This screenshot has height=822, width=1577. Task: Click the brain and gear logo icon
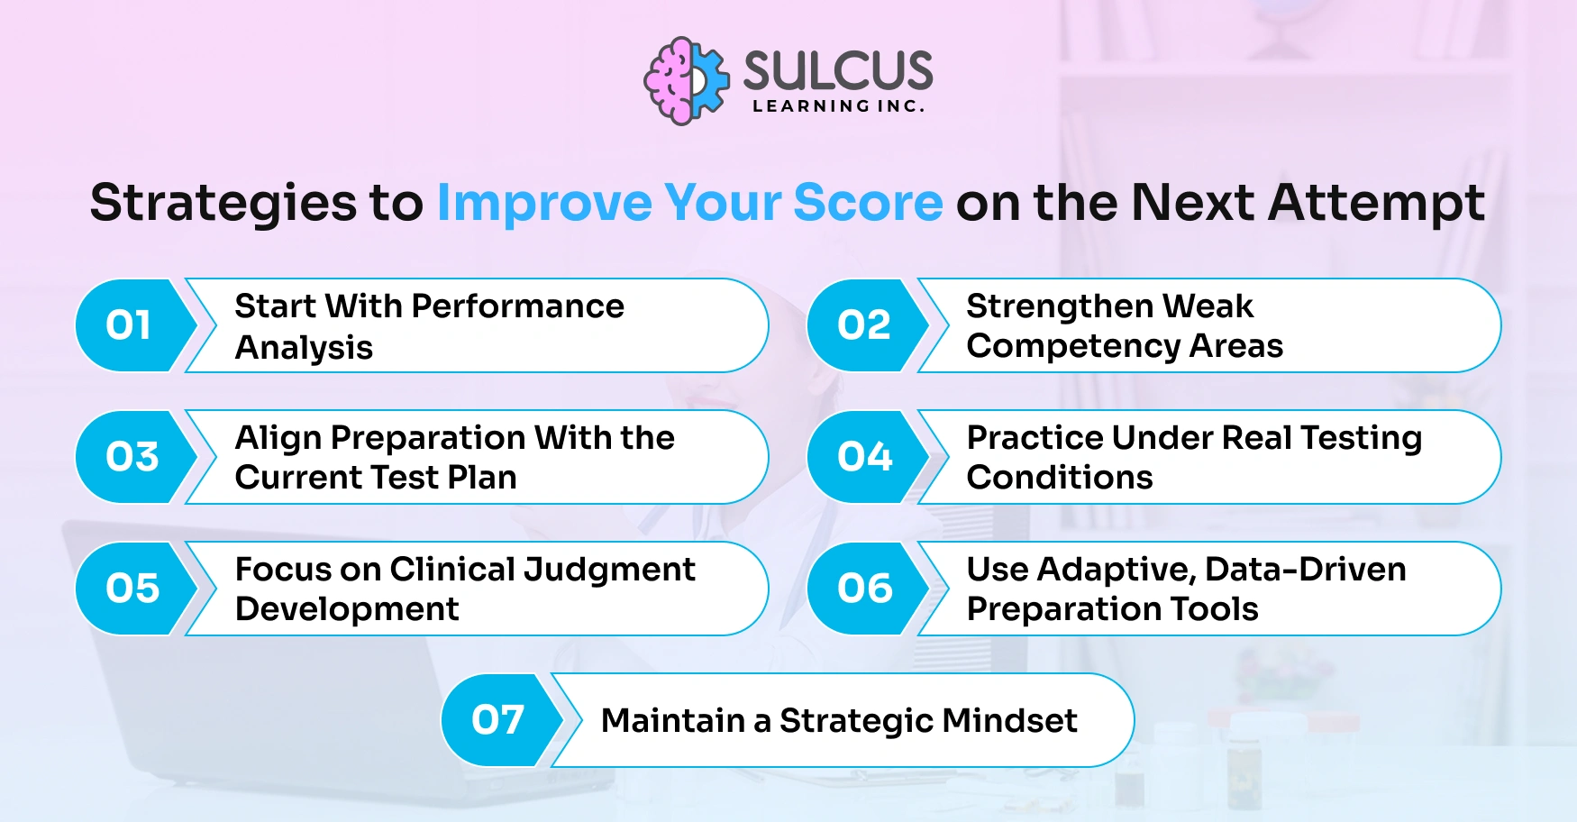coord(687,81)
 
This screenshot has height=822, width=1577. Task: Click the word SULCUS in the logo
coord(838,70)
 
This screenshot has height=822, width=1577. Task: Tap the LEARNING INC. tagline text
coord(838,106)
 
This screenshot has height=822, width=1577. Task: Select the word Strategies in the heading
coord(223,203)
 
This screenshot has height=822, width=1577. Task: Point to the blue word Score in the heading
coord(868,203)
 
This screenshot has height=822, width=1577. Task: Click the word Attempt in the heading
coord(1377,203)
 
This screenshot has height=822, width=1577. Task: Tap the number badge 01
coord(129,325)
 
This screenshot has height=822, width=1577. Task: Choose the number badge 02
coord(863,325)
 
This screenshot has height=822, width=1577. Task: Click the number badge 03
coord(132,457)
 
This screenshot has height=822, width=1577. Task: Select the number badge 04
coord(864,457)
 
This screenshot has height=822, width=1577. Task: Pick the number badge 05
coord(132,589)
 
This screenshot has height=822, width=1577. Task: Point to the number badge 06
coord(864,589)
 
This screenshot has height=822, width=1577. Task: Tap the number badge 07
coord(497,720)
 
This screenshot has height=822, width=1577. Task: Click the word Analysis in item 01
coord(304,348)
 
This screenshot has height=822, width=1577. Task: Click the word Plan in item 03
coord(482,478)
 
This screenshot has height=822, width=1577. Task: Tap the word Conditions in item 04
coord(1060,478)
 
